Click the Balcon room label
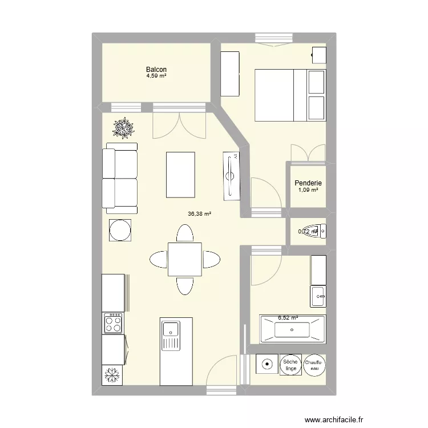click(156, 69)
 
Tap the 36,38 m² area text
click(199, 215)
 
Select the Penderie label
click(308, 183)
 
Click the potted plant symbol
click(124, 128)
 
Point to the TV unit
click(233, 176)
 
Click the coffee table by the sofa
click(180, 174)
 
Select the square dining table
click(184, 259)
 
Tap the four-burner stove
click(112, 324)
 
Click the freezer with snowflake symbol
click(112, 375)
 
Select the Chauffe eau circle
click(313, 366)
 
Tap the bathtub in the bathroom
click(292, 329)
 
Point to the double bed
click(290, 95)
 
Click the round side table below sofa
click(120, 231)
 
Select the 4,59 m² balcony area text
click(156, 76)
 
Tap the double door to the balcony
click(179, 126)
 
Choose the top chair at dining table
click(184, 233)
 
